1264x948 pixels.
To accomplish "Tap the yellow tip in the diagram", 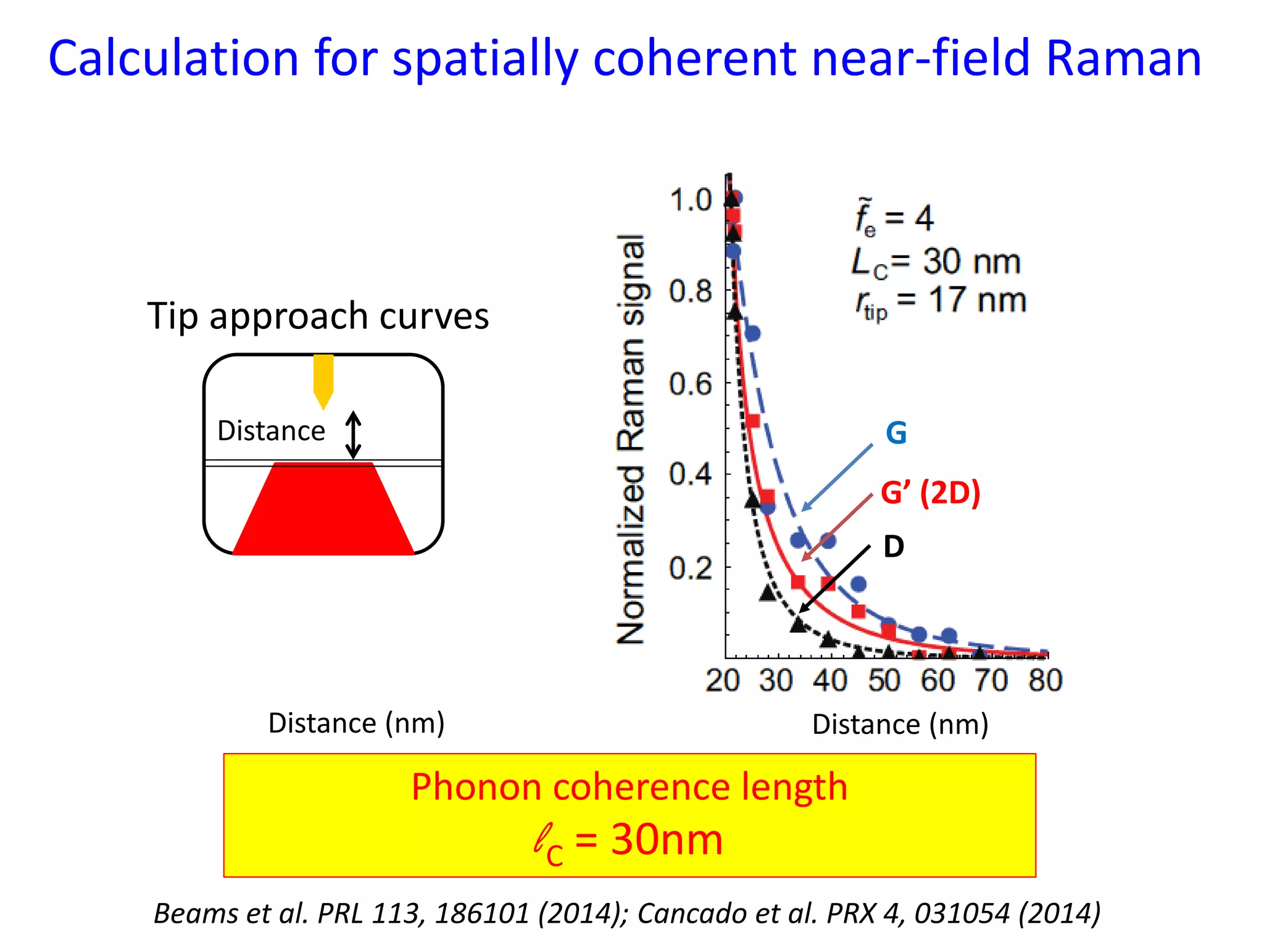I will click(x=323, y=380).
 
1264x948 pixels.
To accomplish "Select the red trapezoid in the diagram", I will click(x=323, y=512).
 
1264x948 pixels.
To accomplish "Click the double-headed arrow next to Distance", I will click(x=353, y=435).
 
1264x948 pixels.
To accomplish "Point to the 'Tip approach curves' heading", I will click(x=318, y=316).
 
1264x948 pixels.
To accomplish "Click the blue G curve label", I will click(x=896, y=433).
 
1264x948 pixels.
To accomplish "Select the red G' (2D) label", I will click(x=930, y=493).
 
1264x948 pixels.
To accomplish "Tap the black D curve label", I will click(x=893, y=547).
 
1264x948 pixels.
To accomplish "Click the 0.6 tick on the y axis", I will click(x=690, y=384).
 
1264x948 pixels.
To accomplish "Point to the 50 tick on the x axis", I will click(x=884, y=680).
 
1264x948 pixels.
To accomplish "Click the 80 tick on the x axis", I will click(x=1045, y=680).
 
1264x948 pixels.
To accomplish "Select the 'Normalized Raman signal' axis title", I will click(x=631, y=439).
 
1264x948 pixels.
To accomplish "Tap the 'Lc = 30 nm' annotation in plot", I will click(x=936, y=262).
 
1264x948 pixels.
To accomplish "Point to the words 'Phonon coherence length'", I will click(x=629, y=787).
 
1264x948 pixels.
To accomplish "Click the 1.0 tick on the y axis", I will click(x=690, y=201).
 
